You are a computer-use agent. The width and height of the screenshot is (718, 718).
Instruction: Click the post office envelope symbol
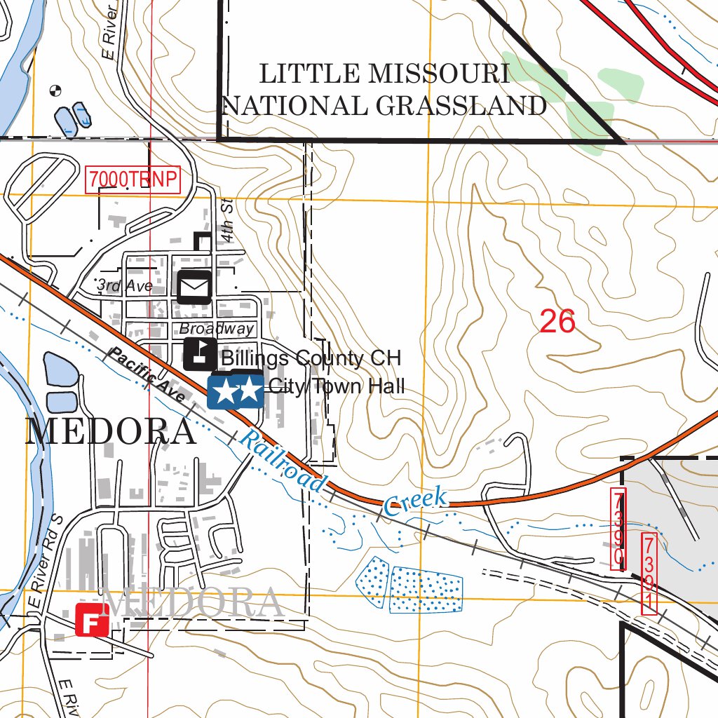click(194, 287)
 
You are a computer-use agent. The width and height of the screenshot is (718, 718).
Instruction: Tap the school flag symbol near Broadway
click(201, 354)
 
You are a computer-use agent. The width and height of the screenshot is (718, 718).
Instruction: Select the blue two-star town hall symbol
click(236, 391)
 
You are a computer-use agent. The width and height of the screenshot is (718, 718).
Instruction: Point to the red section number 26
click(557, 322)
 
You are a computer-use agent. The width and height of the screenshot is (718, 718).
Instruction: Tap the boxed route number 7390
click(618, 529)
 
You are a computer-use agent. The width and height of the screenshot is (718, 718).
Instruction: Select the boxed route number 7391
click(649, 574)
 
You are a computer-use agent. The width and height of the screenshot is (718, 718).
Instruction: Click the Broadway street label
click(216, 329)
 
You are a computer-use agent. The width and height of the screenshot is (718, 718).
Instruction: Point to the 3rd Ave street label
click(125, 285)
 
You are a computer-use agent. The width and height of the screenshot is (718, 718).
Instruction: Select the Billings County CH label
click(311, 358)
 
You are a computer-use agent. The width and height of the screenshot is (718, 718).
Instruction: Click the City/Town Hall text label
click(337, 386)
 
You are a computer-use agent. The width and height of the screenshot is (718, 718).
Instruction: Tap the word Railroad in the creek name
click(283, 462)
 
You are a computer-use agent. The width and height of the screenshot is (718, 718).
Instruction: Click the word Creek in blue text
click(416, 502)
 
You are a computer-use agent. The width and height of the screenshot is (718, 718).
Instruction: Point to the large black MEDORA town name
click(111, 432)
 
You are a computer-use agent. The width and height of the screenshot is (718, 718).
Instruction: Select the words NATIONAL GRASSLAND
click(384, 106)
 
